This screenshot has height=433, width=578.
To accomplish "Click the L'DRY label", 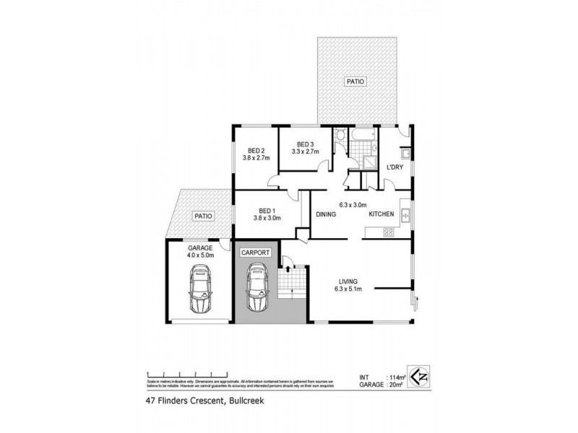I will point(394,167).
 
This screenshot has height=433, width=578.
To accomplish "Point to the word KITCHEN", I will point(381,214).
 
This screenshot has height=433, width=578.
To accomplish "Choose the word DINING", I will point(328,214).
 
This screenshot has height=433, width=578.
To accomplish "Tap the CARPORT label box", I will point(256,253).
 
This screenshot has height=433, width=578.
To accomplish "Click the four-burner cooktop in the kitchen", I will point(388,232).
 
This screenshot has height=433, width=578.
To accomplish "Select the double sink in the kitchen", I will point(406,214).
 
